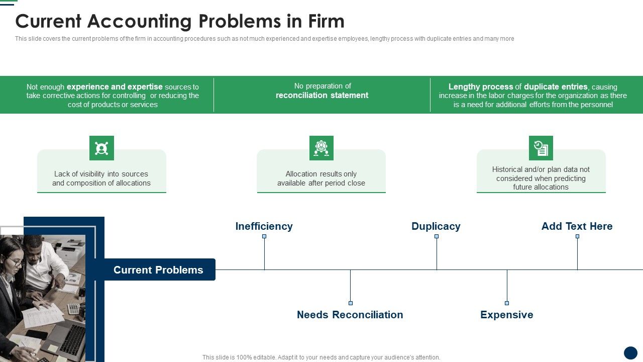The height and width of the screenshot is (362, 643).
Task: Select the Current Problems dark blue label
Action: point(158,270)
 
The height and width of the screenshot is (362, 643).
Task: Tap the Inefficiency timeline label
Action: point(264,226)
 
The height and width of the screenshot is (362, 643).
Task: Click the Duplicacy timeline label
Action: point(436,226)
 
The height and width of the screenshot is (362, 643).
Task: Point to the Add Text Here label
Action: point(577,226)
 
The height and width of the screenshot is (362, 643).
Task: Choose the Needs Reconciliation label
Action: point(350,315)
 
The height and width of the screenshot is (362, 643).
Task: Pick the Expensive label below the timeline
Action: point(506,315)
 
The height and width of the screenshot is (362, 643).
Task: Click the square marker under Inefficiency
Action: point(264,236)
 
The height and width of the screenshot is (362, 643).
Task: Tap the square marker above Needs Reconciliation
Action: point(350,303)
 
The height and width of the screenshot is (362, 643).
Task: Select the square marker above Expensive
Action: point(507,303)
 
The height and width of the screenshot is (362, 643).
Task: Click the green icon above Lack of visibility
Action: point(101,148)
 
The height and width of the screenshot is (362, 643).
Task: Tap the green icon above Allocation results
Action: point(321,148)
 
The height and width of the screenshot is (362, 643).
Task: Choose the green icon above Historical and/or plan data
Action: point(541,148)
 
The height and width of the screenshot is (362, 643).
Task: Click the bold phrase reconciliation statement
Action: point(322,96)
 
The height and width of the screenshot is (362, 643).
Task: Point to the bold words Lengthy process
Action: point(481,86)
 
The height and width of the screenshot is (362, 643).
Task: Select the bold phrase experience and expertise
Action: point(115,86)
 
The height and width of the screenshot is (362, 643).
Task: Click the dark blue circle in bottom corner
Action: point(630,352)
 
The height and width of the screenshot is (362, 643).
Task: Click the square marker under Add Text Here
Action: point(577,236)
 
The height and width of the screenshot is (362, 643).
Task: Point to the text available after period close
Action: point(321,183)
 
